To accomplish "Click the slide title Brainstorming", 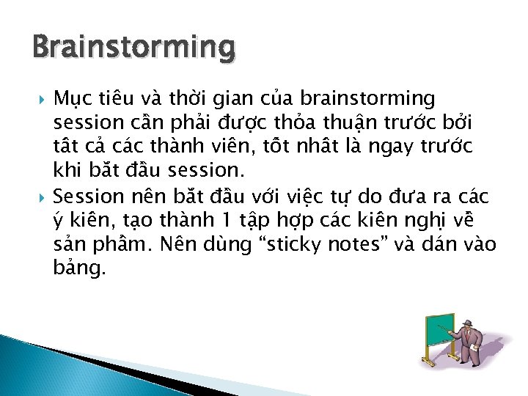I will click(x=133, y=47).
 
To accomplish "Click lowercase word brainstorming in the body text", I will click(x=368, y=98).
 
